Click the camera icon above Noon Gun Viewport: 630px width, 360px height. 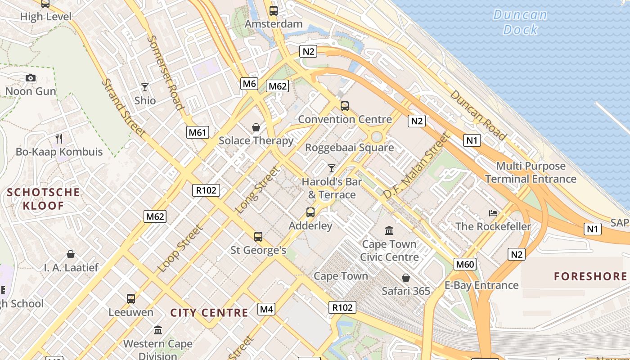(x=31, y=78)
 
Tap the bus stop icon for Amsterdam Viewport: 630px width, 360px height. (x=273, y=11)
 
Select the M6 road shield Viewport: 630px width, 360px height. (x=249, y=83)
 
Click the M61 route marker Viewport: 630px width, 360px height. (x=198, y=132)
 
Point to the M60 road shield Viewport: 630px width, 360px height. (x=465, y=264)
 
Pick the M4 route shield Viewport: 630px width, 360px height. (x=266, y=309)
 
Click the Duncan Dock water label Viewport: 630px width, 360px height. (x=520, y=22)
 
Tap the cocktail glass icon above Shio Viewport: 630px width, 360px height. (x=145, y=87)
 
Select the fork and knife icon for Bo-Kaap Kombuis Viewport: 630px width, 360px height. (x=59, y=138)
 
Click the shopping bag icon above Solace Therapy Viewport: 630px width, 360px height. (x=256, y=127)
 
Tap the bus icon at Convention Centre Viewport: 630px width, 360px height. (x=345, y=106)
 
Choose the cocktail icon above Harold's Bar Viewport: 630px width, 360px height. (x=332, y=168)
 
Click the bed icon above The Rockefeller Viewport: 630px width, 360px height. (x=493, y=213)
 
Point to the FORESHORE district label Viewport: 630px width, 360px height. (x=590, y=276)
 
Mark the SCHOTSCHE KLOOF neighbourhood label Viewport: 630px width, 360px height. (x=44, y=199)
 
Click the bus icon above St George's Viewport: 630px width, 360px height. (x=258, y=237)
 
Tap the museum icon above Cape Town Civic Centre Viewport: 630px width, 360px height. (x=389, y=231)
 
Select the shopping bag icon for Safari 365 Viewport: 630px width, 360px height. (x=406, y=278)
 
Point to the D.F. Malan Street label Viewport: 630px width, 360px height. (x=416, y=166)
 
